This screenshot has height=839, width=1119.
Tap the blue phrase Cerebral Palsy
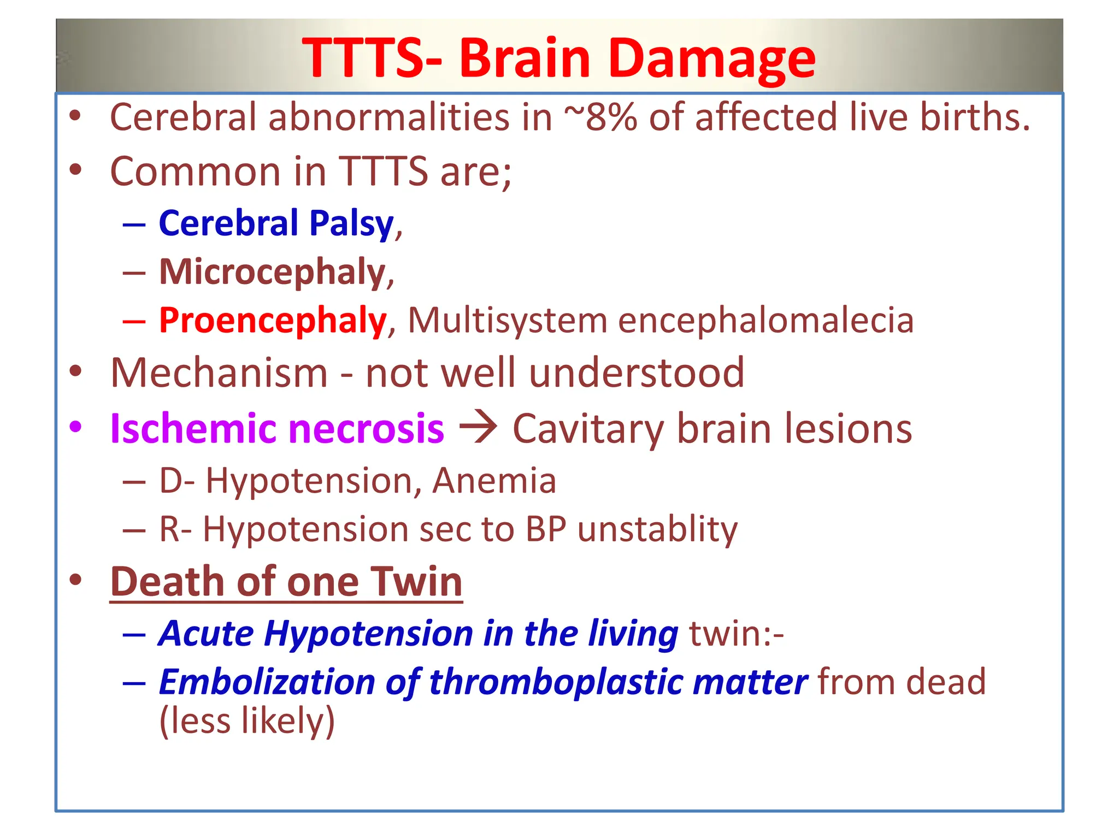click(276, 223)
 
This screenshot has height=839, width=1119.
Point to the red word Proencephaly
click(273, 320)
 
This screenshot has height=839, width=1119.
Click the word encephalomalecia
click(765, 320)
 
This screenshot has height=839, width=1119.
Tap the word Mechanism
click(219, 373)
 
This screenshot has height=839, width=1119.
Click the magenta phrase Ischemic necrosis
click(277, 428)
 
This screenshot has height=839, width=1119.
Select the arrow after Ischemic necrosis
click(478, 427)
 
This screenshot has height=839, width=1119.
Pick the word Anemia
click(494, 481)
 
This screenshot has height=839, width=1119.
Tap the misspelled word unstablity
click(657, 529)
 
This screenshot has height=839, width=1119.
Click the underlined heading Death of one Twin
click(286, 582)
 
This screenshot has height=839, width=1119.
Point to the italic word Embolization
click(266, 682)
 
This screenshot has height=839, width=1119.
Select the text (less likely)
click(247, 721)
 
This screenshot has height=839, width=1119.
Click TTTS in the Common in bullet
click(383, 172)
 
